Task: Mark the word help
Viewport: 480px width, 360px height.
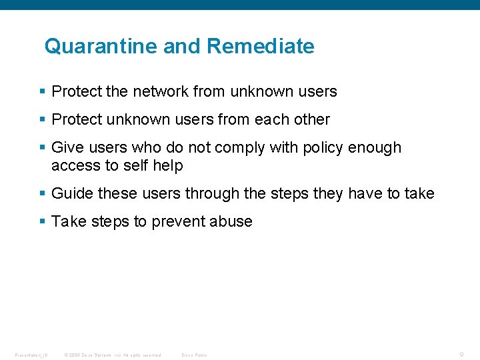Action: coord(167,165)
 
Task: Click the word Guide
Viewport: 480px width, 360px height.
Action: coord(72,194)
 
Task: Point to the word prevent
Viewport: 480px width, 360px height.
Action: coord(178,222)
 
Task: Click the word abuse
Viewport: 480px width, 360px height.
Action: coord(231,222)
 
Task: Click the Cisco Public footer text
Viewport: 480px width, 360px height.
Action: coord(195,355)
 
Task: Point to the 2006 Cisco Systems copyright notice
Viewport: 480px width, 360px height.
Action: coord(113,355)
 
